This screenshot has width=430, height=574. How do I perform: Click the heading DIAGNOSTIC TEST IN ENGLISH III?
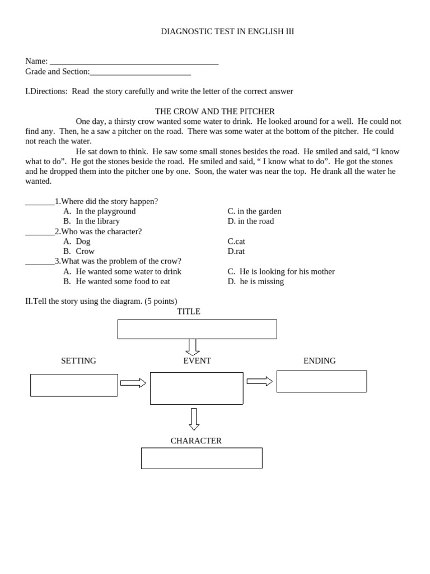pos(227,31)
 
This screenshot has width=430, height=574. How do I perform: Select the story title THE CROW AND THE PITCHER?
pos(215,112)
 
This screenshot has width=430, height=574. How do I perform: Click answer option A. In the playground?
pos(100,211)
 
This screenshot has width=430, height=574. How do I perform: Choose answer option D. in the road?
pos(250,221)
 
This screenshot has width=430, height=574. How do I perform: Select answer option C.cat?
pos(236,242)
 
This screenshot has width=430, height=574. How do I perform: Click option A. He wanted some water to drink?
pos(122,272)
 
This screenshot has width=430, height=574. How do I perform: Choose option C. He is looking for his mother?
pos(281,272)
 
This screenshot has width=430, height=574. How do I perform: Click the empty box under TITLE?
pos(197,330)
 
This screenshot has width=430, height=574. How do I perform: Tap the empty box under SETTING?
pos(74,385)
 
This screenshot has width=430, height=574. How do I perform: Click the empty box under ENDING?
pos(321,381)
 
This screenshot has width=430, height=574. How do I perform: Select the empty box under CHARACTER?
pos(202,458)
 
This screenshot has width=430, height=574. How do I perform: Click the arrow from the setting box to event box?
pos(133,383)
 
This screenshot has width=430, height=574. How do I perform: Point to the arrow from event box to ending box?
pos(259,381)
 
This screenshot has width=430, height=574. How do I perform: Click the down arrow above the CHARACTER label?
pos(194,419)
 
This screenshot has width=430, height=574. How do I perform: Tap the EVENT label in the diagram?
pos(197,361)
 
